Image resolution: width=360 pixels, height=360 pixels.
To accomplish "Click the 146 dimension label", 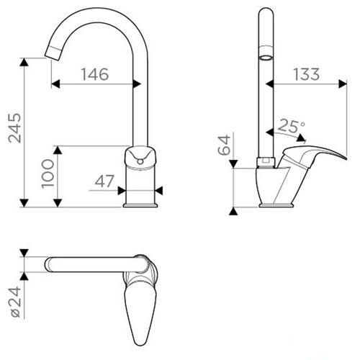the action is (95, 74).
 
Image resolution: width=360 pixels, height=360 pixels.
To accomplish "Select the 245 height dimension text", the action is (15, 128).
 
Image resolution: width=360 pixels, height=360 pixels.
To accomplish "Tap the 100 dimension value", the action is (48, 174).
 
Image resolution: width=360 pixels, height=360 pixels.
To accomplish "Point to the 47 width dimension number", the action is (104, 181).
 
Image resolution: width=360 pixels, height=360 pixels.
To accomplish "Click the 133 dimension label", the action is (307, 74).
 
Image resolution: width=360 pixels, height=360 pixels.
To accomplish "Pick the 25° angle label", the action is (292, 126).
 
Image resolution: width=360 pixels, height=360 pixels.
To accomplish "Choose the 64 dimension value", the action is (224, 145).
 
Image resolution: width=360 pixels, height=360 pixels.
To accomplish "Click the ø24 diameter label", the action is (16, 302).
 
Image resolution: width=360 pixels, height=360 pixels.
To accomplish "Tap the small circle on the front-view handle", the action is (140, 162).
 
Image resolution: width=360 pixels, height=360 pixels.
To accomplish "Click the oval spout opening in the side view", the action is (266, 58).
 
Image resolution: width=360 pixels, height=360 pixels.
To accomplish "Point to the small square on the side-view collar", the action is (265, 161).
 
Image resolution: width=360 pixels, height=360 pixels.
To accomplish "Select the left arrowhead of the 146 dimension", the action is (55, 84).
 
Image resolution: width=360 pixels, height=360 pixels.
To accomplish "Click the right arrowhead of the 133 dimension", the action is (343, 84).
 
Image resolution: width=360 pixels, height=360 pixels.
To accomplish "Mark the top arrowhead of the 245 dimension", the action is (24, 62).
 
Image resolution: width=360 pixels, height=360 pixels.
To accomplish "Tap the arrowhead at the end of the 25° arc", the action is (302, 138).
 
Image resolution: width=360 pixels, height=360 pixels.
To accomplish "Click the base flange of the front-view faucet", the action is (140, 205).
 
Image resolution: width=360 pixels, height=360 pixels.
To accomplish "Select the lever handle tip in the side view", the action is (345, 158).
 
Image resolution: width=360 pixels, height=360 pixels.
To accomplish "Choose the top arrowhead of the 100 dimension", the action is (58, 150).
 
